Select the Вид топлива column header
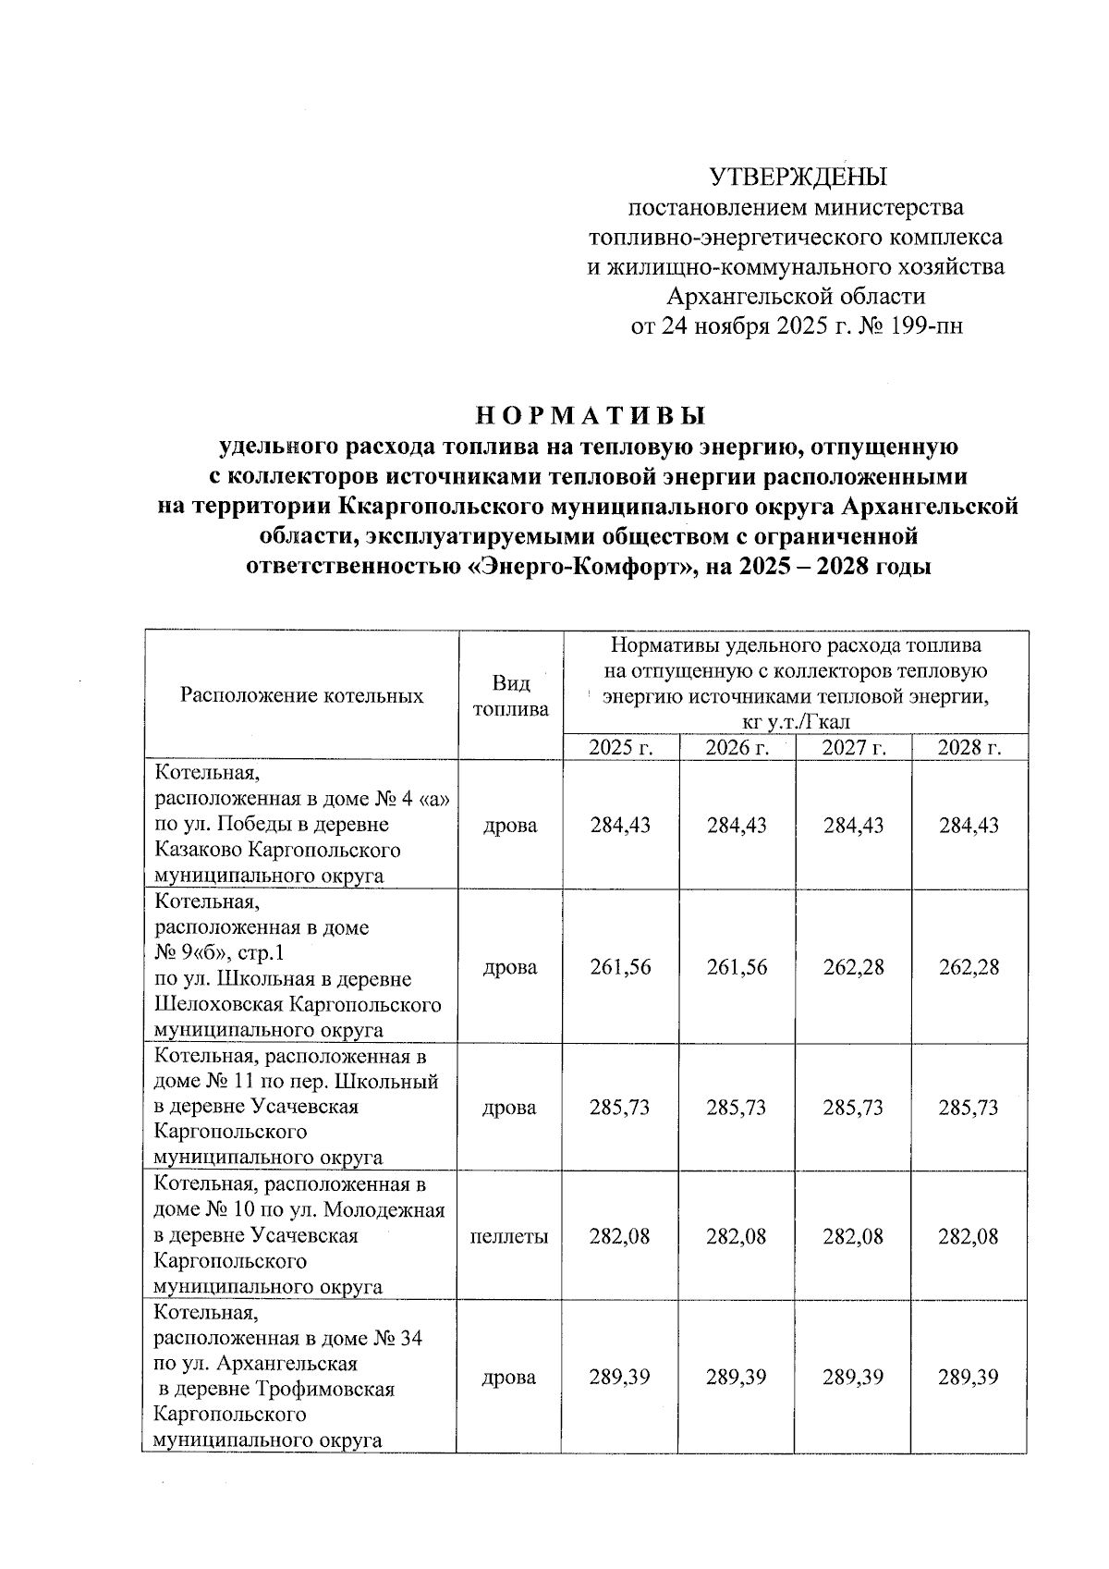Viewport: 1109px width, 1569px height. coord(510,695)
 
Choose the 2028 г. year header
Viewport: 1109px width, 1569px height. coord(969,748)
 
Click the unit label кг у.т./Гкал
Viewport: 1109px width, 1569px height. coord(795,721)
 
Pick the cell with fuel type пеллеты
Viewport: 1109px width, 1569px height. coord(510,1236)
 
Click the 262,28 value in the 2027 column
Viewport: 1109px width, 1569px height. coord(853,967)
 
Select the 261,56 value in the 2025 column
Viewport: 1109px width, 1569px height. coord(620,967)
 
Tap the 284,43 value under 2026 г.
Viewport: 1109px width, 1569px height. coord(737,825)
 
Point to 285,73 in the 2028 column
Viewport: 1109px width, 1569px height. coord(969,1108)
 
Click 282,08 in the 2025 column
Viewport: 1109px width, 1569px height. coord(620,1236)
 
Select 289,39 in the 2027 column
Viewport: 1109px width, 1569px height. coord(853,1377)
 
